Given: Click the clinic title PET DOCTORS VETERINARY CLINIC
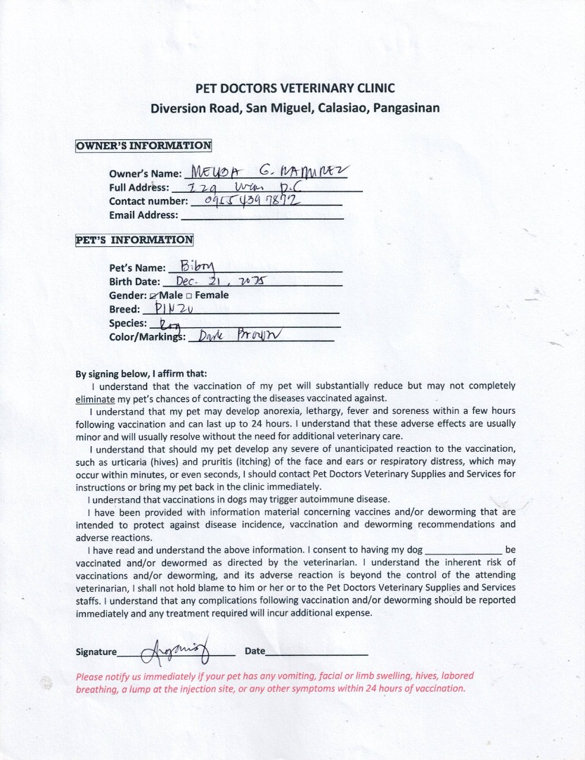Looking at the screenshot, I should pyautogui.click(x=295, y=88).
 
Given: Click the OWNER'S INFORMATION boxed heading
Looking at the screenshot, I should pyautogui.click(x=143, y=146).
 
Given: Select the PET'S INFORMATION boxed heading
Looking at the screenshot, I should pyautogui.click(x=134, y=240).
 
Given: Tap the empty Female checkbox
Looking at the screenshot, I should pyautogui.click(x=190, y=296).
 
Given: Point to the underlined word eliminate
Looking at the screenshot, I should pyautogui.click(x=94, y=398).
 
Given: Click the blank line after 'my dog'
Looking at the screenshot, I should pyautogui.click(x=464, y=550).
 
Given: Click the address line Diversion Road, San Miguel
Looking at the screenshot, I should pyautogui.click(x=295, y=108).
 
